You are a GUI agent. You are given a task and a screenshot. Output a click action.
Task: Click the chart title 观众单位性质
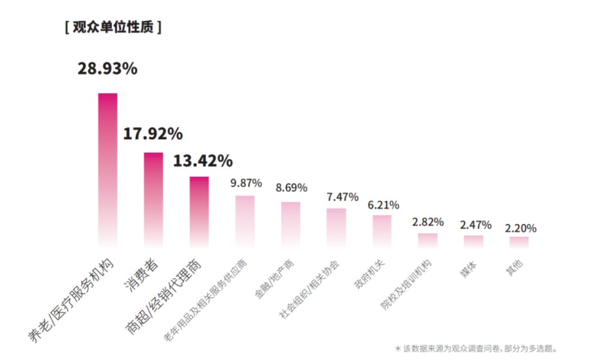(113, 27)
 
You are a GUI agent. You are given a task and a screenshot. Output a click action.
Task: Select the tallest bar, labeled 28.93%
(108, 168)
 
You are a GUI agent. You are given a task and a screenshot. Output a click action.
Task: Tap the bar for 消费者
(154, 198)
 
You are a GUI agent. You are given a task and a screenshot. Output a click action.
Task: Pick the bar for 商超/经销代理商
(199, 211)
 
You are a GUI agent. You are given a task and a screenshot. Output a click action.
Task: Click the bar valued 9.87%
(245, 220)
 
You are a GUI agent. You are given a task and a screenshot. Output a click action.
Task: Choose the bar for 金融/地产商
(291, 224)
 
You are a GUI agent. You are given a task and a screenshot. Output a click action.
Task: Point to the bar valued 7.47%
(336, 227)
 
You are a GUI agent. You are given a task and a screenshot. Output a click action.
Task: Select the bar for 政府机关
(382, 230)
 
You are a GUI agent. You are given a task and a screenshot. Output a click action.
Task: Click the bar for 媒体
(473, 241)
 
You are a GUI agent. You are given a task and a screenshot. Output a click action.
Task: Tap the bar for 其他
(519, 241)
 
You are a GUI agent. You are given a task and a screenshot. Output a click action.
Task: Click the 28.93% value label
(107, 69)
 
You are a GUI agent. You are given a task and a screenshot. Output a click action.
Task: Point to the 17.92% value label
(153, 134)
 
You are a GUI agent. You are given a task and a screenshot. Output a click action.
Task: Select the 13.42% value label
(202, 161)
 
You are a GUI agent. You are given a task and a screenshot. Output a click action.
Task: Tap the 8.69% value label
(291, 188)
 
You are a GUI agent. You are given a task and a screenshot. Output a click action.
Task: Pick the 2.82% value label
(428, 222)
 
